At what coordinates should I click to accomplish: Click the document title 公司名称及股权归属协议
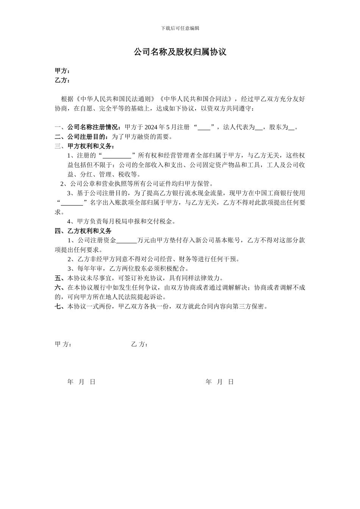(x=180, y=52)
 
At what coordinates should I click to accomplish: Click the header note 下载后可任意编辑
(x=180, y=28)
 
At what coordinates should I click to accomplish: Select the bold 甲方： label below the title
(x=63, y=71)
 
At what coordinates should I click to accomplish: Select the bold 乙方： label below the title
(x=63, y=80)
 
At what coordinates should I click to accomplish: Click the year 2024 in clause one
(x=151, y=127)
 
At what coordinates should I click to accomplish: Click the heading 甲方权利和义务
(x=91, y=146)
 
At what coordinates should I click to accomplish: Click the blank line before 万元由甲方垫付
(x=127, y=240)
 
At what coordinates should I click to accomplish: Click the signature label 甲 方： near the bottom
(x=63, y=344)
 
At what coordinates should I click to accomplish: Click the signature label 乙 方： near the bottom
(x=139, y=344)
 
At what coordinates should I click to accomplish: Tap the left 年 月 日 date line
(x=81, y=382)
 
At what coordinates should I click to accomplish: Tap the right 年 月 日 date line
(x=219, y=382)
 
